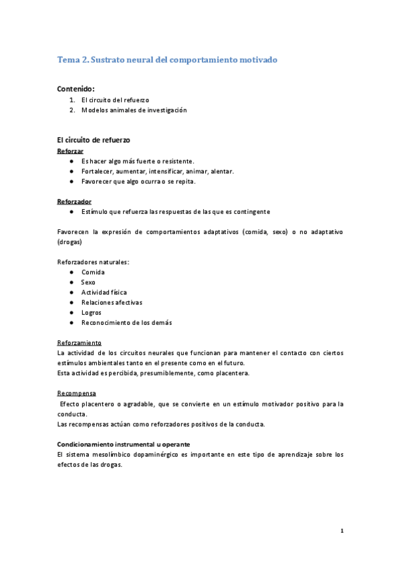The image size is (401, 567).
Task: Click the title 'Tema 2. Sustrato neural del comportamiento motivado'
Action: pos(167,60)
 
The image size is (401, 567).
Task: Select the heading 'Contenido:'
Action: pos(76,88)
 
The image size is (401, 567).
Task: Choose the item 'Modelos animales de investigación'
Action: pos(134,110)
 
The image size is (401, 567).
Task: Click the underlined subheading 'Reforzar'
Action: pos(70,151)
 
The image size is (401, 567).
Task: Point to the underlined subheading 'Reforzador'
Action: pos(74,201)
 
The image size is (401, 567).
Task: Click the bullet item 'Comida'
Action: pos(93,272)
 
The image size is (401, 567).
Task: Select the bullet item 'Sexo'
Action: pos(88,282)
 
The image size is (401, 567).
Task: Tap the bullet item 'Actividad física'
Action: pos(104,292)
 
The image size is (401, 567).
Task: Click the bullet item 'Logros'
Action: pos(92,312)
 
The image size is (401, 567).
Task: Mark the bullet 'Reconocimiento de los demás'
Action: pos(126,322)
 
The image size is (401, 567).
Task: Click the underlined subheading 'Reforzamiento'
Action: pos(80,342)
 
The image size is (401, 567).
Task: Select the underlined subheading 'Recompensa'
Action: pos(76,393)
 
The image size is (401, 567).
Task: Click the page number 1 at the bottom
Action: pos(342,532)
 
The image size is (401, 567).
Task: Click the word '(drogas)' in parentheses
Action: pos(69,241)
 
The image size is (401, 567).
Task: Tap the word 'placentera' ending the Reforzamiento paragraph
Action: pos(230,373)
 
